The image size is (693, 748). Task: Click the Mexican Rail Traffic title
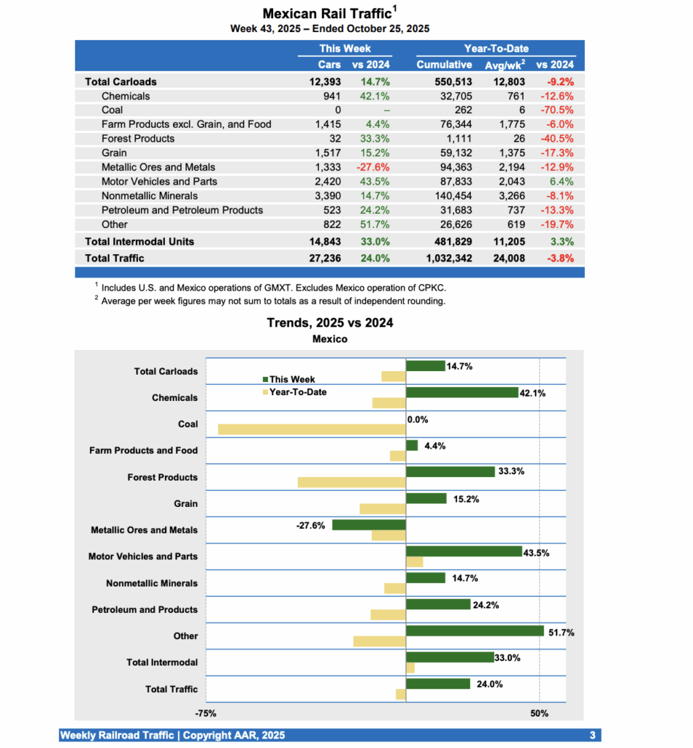pos(326,14)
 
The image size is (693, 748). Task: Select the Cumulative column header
pos(444,64)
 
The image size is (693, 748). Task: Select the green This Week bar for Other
pos(475,630)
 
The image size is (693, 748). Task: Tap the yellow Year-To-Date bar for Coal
pos(311,430)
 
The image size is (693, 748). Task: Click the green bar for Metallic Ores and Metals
pos(369,524)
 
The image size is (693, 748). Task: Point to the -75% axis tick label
pos(205,714)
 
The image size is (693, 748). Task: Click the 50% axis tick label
pos(538,714)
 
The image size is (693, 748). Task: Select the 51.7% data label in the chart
pos(561,633)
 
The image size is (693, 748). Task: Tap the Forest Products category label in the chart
pos(162,477)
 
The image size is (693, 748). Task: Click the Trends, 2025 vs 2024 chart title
pos(329,323)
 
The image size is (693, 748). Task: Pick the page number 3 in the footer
pos(592,735)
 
